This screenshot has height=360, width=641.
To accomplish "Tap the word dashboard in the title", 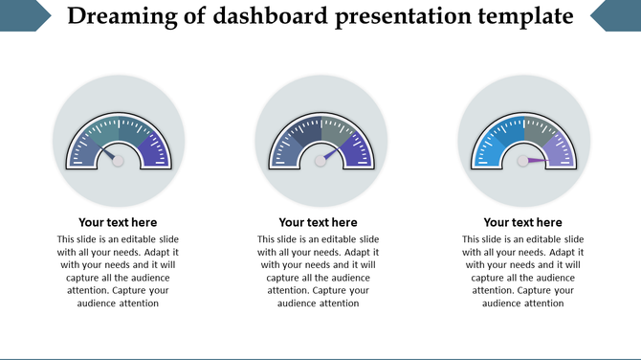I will (x=254, y=16).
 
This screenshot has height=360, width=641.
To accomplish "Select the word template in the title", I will (x=524, y=16).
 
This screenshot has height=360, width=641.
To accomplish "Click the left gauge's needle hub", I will (x=118, y=161).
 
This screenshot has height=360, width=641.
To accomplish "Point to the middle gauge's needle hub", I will (x=320, y=161).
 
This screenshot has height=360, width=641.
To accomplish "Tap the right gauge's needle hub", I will (x=523, y=161).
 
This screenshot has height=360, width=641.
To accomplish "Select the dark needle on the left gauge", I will (x=108, y=153).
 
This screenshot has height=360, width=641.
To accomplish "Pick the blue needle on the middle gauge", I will (x=331, y=153).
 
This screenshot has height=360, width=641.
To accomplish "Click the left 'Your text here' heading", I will (x=118, y=222).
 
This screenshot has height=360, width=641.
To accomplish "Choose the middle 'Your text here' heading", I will (x=319, y=222).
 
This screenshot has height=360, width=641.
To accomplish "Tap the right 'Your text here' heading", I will (x=523, y=222).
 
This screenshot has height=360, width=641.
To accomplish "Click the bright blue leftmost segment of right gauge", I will (x=484, y=152).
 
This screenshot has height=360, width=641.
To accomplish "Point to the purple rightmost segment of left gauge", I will (x=157, y=151).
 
